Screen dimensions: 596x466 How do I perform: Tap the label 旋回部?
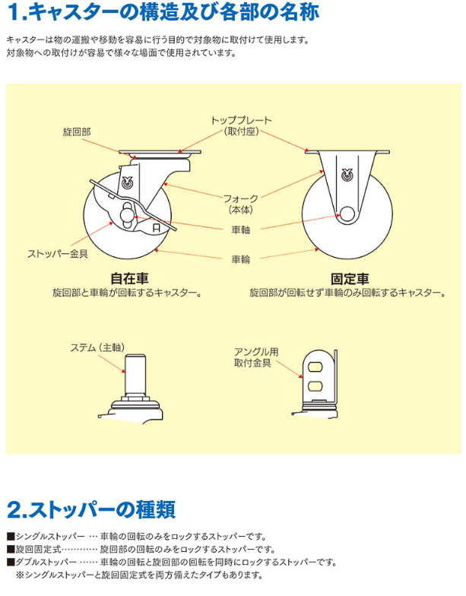coord(77,132)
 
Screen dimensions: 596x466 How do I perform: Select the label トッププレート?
coord(241,120)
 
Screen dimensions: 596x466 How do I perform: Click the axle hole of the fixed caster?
coord(347,214)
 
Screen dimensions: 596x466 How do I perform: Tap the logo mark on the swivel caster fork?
coord(127,182)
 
